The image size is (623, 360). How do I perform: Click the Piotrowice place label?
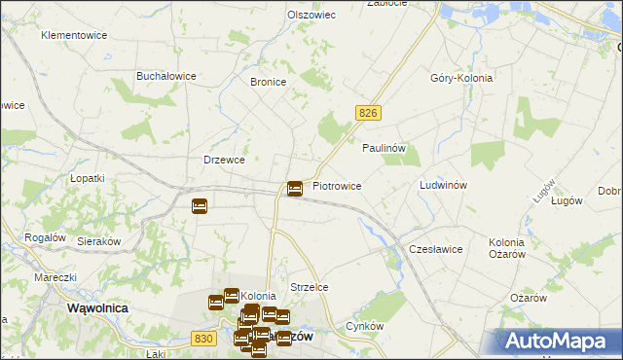click(x=337, y=185)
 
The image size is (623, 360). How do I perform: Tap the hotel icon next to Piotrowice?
click(x=295, y=187)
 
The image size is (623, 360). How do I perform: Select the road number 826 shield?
click(x=367, y=114)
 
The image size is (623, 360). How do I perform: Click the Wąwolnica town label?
click(x=97, y=306)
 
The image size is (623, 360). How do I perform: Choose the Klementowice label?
click(x=73, y=35)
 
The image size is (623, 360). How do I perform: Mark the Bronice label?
click(x=268, y=83)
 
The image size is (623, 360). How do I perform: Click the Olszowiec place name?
click(x=311, y=15)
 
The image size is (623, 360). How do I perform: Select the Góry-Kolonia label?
click(x=461, y=78)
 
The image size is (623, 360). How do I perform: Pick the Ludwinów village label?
click(x=443, y=185)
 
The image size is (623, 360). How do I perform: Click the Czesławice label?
click(x=435, y=249)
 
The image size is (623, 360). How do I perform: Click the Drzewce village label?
click(x=223, y=160)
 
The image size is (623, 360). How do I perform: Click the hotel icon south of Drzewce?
click(x=200, y=205)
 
